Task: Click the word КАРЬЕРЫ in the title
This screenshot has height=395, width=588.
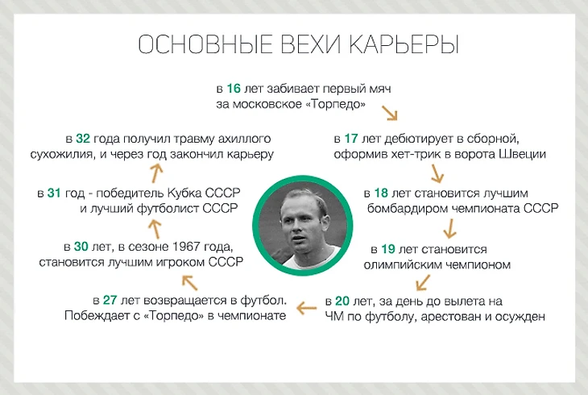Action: pyautogui.click(x=403, y=45)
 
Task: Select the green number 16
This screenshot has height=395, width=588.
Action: pyautogui.click(x=234, y=89)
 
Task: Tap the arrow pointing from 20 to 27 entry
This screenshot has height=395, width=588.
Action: pyautogui.click(x=307, y=307)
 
